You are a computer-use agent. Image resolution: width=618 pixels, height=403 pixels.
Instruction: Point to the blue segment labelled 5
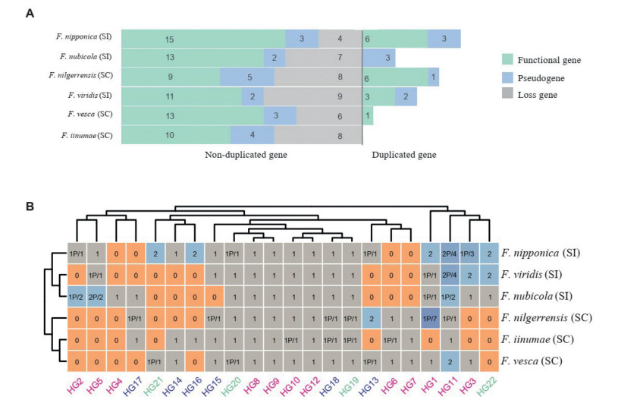(x=246, y=77)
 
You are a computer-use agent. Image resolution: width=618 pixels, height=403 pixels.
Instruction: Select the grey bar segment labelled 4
(x=340, y=39)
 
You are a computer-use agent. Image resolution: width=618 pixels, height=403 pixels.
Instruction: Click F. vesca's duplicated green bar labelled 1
(x=368, y=116)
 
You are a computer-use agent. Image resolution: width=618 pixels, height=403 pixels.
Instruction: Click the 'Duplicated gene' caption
(x=403, y=155)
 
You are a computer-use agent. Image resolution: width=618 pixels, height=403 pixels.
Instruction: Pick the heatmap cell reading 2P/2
(x=97, y=295)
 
